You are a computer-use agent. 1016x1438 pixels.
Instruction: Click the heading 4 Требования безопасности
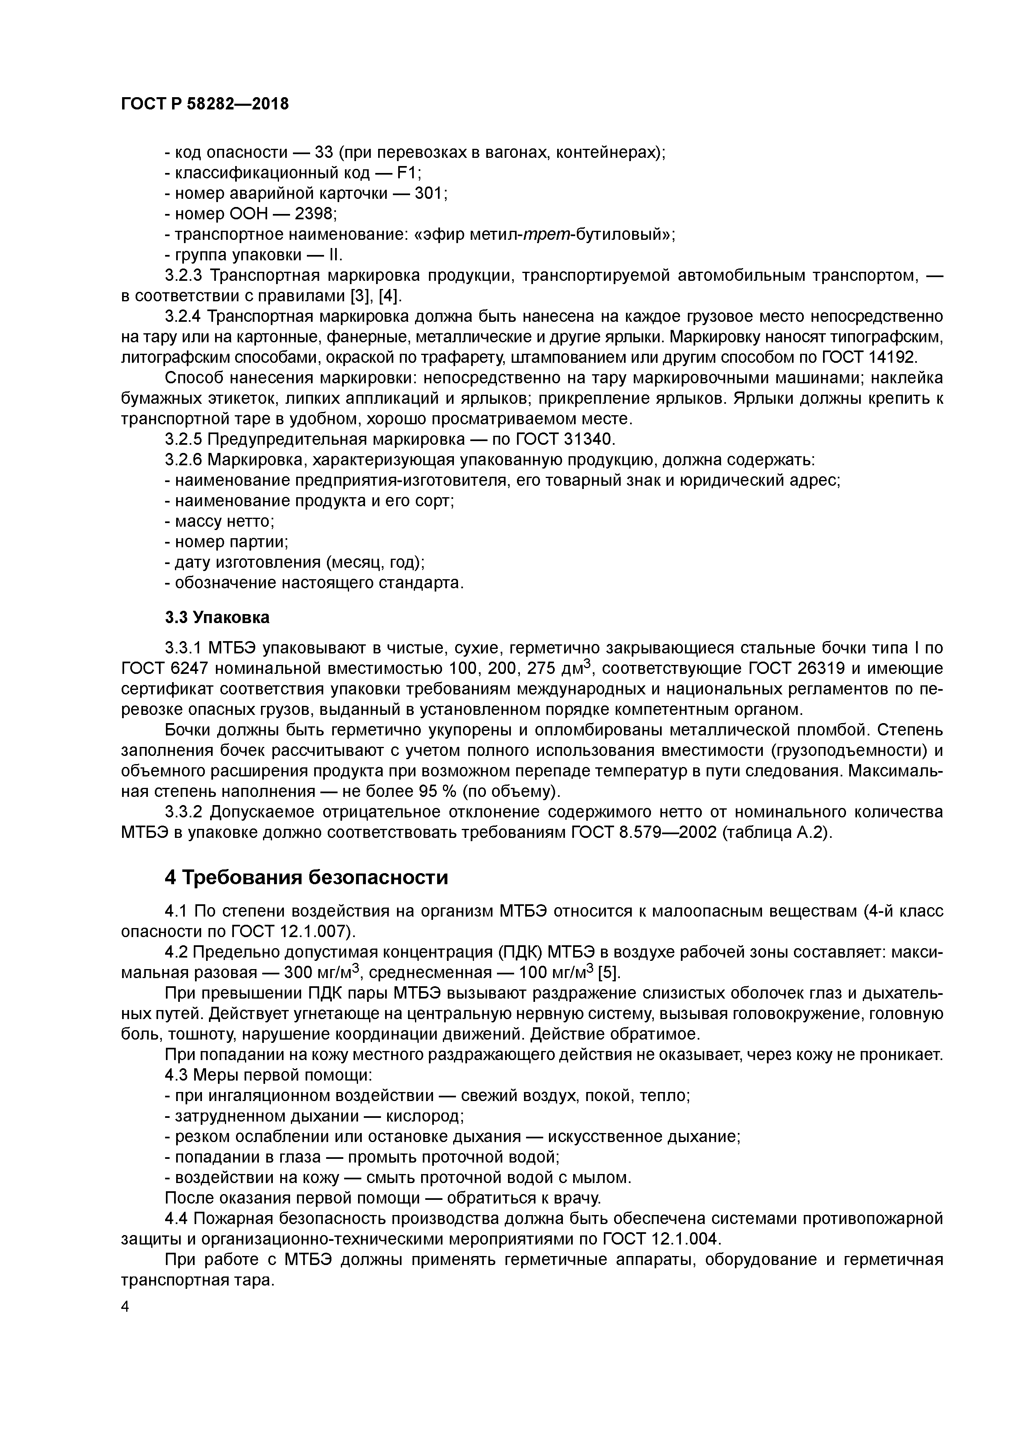pos(306,878)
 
